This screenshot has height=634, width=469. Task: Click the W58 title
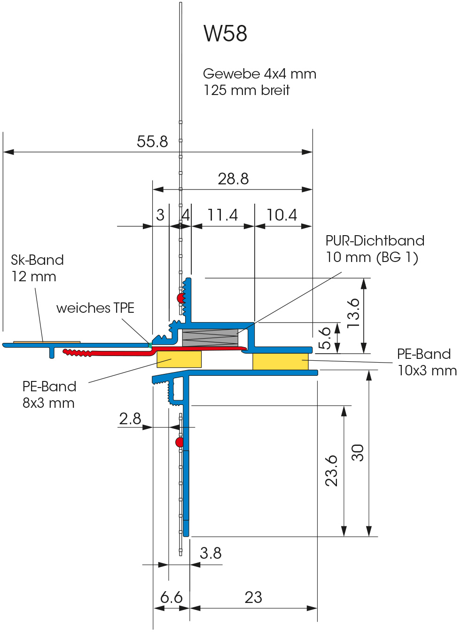click(225, 33)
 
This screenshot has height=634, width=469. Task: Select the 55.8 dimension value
click(152, 141)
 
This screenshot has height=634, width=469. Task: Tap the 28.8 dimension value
click(233, 179)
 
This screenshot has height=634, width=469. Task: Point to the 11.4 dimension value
click(223, 215)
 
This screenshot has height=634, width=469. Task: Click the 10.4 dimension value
click(282, 215)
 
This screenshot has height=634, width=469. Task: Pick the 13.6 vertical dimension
click(353, 313)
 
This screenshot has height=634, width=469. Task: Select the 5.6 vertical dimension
click(325, 338)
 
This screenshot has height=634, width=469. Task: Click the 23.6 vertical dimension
click(332, 470)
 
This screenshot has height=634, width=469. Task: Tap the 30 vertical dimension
click(358, 452)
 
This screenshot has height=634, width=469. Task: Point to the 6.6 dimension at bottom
click(171, 597)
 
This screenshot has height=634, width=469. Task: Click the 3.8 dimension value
click(211, 553)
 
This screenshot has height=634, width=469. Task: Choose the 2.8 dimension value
click(130, 419)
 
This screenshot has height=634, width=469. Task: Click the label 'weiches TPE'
click(95, 308)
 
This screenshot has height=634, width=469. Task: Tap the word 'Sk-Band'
click(38, 260)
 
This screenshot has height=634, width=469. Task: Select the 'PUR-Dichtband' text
click(375, 241)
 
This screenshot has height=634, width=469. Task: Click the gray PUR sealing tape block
click(210, 338)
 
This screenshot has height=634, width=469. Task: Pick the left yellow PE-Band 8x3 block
click(179, 359)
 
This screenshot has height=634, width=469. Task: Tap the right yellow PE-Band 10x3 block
click(281, 361)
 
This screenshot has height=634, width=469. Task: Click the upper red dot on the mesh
click(180, 298)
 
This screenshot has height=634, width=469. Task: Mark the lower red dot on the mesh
click(180, 442)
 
